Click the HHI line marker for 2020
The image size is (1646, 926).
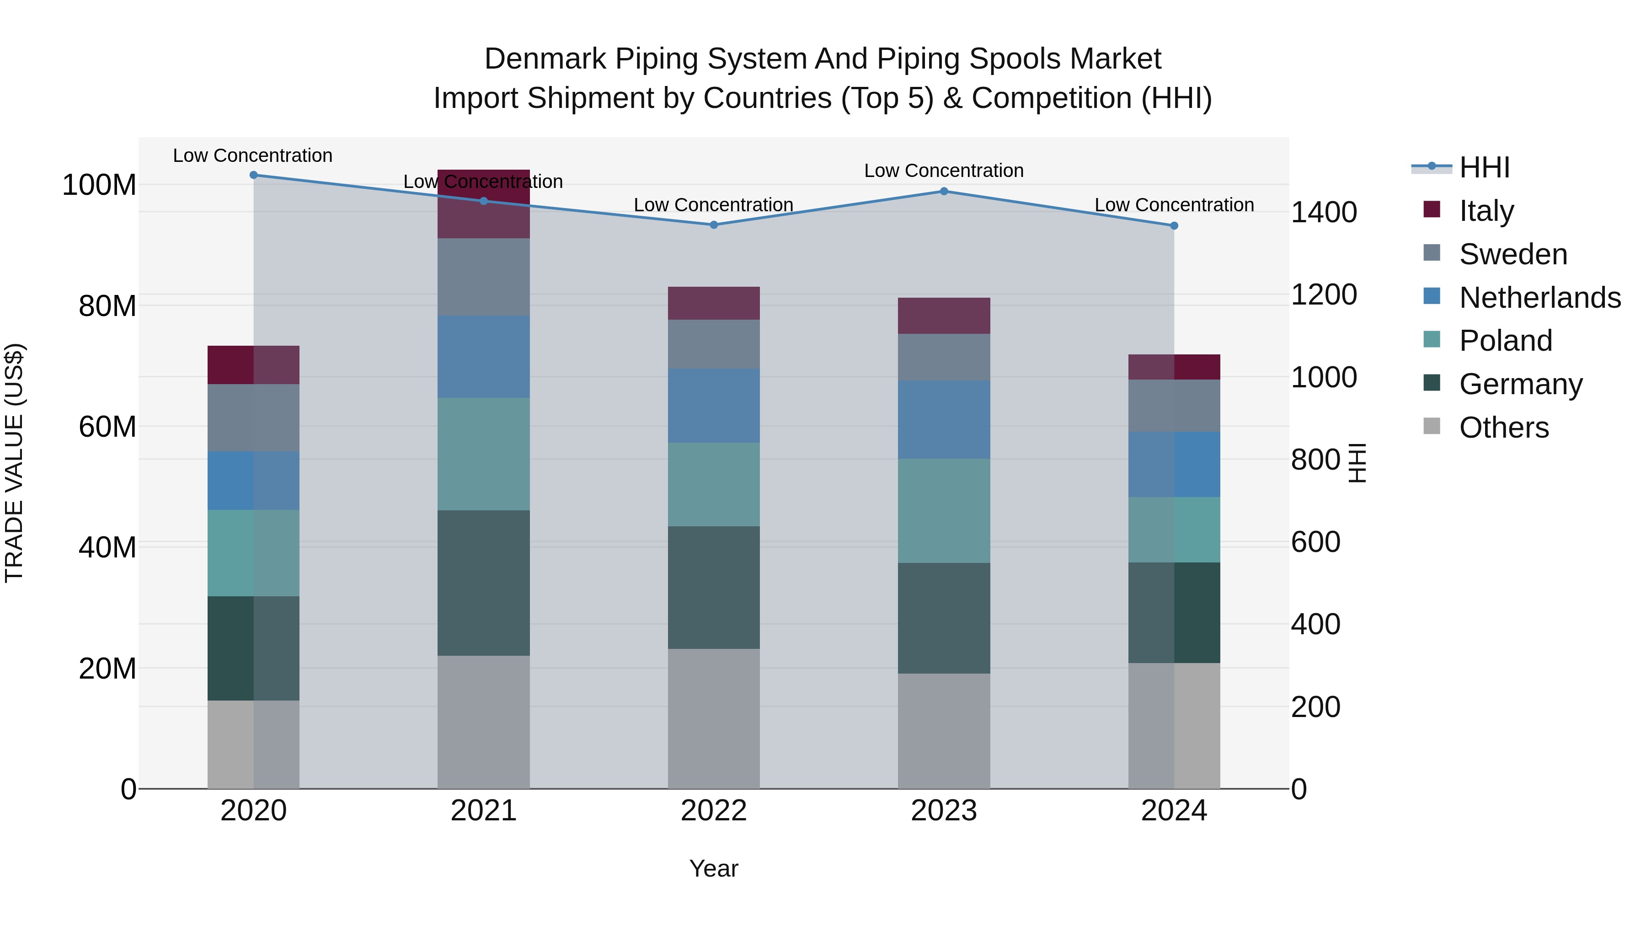tap(254, 175)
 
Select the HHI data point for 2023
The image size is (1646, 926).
tap(944, 191)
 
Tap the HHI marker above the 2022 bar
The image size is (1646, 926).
tap(714, 225)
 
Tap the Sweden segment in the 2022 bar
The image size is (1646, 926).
tap(714, 344)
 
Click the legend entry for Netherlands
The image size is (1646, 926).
tap(1539, 297)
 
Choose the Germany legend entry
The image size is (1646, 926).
tap(1520, 384)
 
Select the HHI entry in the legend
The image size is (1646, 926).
tap(1484, 167)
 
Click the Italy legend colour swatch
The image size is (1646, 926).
tap(1432, 209)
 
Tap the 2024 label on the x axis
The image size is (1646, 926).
tap(1174, 811)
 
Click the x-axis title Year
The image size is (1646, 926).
tap(714, 868)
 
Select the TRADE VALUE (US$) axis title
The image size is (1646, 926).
tap(14, 463)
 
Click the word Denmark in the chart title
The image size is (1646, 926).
tap(545, 59)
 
